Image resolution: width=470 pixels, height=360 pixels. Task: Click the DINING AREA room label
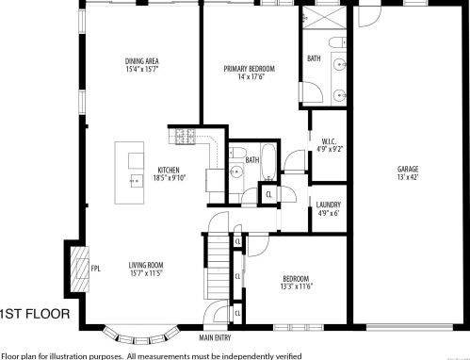(x=141, y=62)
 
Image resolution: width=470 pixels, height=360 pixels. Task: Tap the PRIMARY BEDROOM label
(x=249, y=69)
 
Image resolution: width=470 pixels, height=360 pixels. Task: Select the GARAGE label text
(x=408, y=170)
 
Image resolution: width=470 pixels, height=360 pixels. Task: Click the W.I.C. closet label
(x=329, y=141)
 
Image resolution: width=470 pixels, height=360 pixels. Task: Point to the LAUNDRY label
(x=329, y=205)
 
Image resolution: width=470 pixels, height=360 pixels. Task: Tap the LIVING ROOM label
(x=146, y=265)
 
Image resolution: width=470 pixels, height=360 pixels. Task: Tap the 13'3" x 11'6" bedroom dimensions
(x=297, y=286)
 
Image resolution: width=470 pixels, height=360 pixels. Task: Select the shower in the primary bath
(x=326, y=19)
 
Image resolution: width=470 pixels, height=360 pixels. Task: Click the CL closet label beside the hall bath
(x=268, y=195)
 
